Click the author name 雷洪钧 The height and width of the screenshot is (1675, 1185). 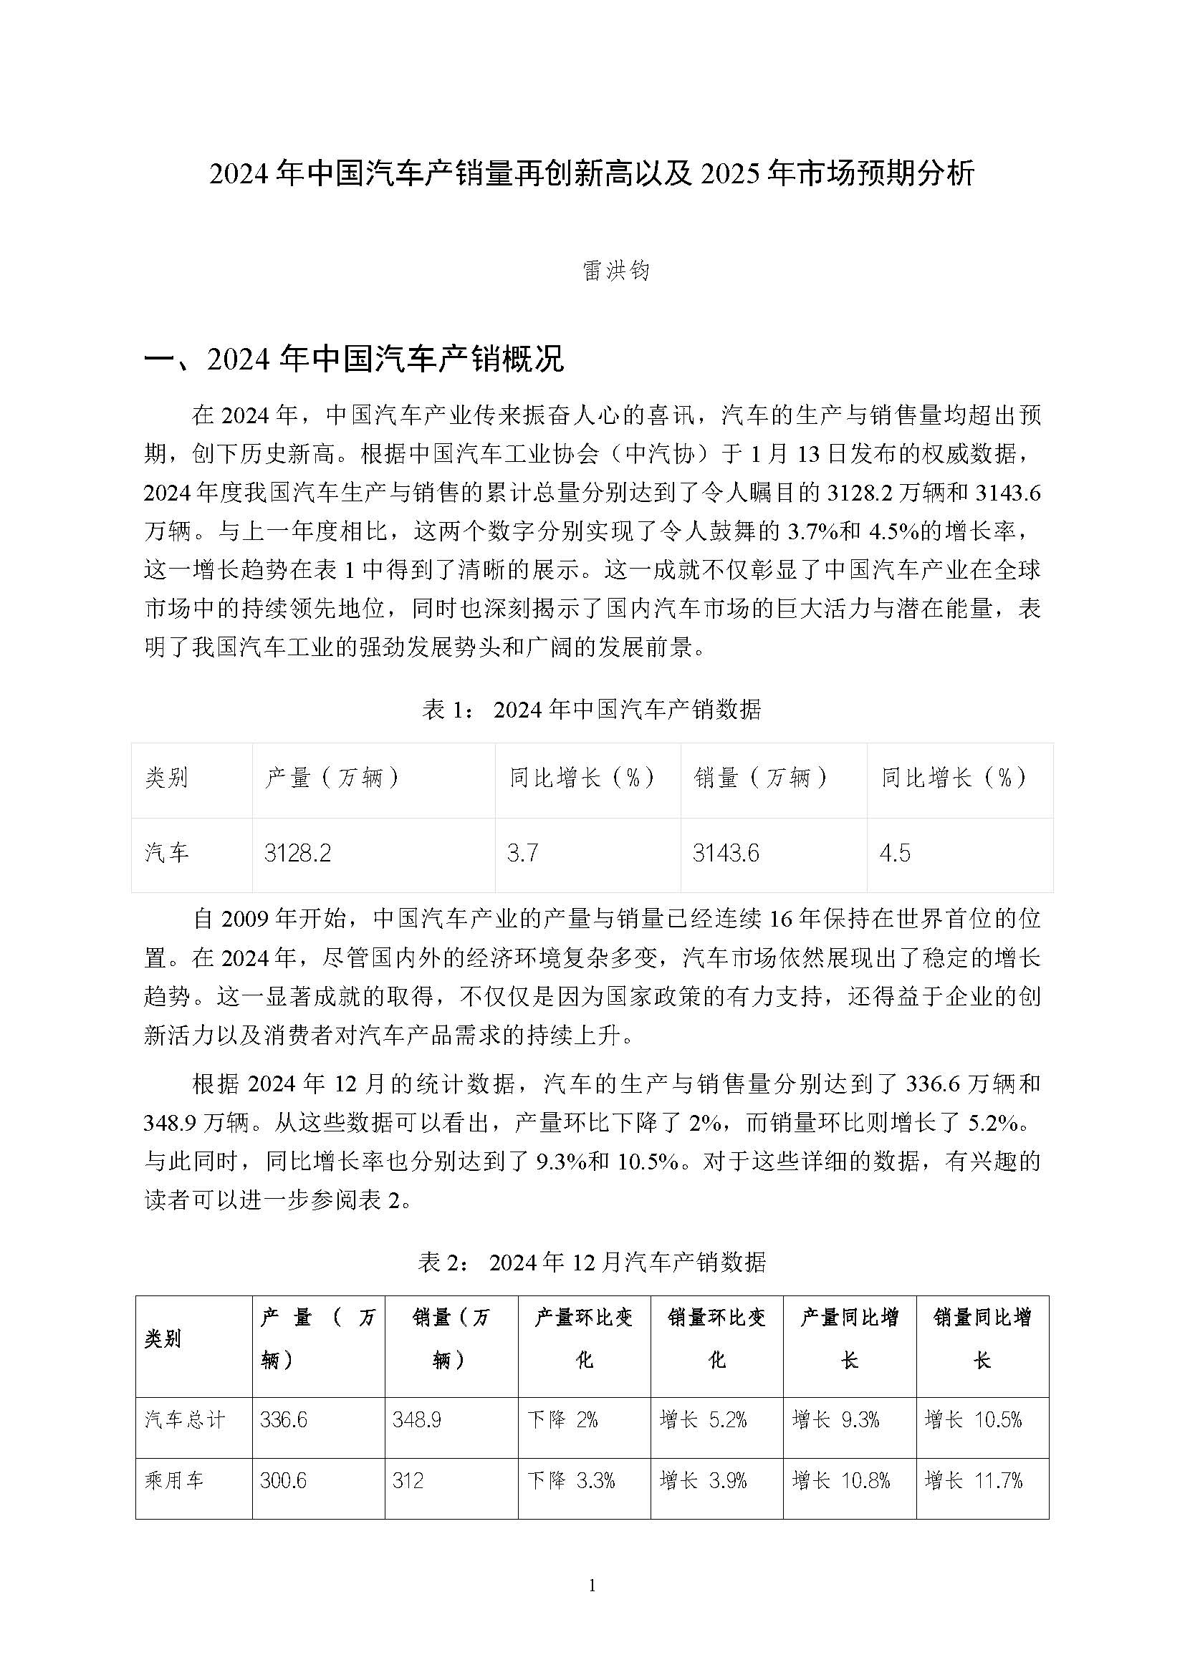(x=616, y=271)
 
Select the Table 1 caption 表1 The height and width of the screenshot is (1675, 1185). (x=591, y=709)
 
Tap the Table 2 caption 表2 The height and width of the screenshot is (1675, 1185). (x=591, y=1261)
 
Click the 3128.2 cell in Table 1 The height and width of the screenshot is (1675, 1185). (x=298, y=853)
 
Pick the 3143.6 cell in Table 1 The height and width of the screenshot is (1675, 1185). (x=726, y=853)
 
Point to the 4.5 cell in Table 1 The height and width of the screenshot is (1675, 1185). (x=895, y=853)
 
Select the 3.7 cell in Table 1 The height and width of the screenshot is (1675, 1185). (x=522, y=853)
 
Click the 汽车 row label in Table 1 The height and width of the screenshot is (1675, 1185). (x=167, y=853)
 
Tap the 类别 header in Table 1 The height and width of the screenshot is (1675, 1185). (x=167, y=778)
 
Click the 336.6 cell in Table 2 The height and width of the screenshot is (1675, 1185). (x=283, y=1419)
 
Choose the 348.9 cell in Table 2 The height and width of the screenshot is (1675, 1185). (x=416, y=1419)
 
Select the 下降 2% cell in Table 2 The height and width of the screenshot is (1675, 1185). (x=562, y=1419)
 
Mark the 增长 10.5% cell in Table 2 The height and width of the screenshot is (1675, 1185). (x=974, y=1419)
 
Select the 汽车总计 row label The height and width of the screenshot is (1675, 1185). (x=186, y=1419)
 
